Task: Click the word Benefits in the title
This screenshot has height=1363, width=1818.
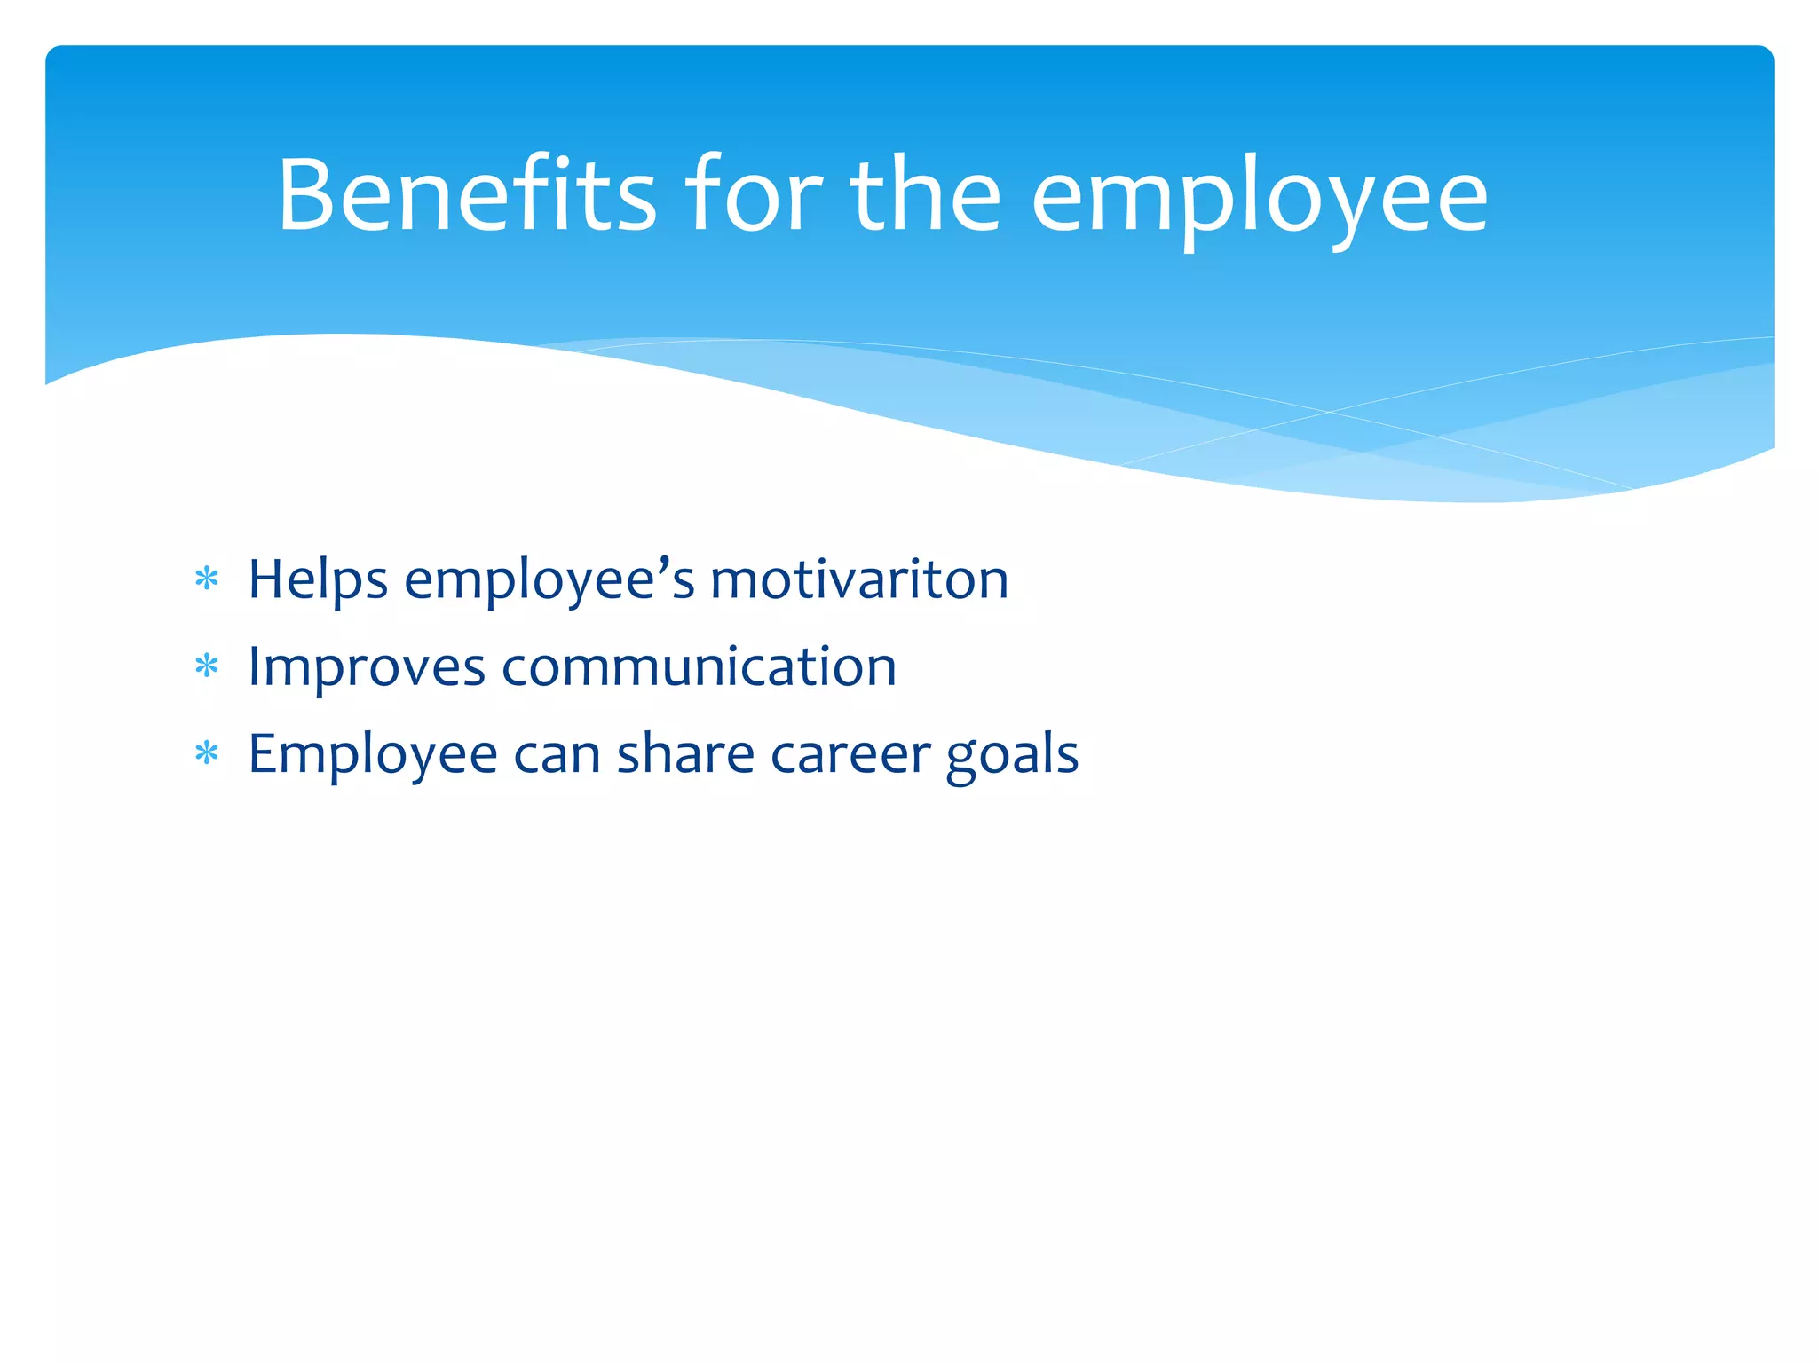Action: click(467, 195)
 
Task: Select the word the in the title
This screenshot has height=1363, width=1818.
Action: click(925, 195)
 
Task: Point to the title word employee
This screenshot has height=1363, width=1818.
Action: click(1259, 201)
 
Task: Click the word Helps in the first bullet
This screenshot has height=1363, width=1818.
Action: click(318, 582)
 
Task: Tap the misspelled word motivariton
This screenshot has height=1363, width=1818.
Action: click(859, 580)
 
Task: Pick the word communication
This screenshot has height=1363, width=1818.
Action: click(700, 667)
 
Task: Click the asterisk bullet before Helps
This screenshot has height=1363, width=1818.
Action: click(207, 579)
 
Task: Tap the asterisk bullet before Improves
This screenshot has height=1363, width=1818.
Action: click(207, 666)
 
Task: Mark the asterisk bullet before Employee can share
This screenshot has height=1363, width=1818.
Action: click(207, 753)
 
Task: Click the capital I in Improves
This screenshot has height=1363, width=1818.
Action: click(255, 666)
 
